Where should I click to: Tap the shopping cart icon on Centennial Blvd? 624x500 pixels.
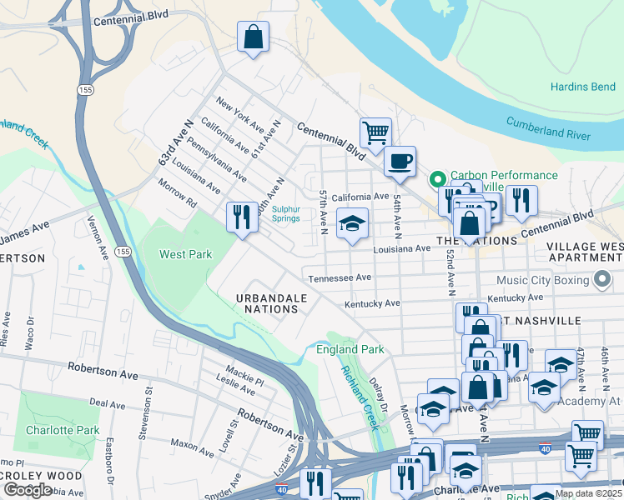coord(375,132)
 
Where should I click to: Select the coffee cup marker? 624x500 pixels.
coord(400,160)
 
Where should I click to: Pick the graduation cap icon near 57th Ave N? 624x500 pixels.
coord(352,223)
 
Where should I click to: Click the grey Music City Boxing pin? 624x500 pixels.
coord(601,281)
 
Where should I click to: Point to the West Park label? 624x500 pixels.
coord(186,254)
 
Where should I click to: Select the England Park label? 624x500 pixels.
coord(350,349)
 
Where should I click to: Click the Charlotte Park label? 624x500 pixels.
coord(63,431)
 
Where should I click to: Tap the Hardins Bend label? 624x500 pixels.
coord(581,87)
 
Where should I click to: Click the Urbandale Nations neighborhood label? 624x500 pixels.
coord(266,303)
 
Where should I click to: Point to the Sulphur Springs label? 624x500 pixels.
coord(285,213)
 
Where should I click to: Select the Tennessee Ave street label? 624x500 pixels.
coord(340,278)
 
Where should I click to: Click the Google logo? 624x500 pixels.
coord(28,489)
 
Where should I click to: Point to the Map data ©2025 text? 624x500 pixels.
coord(587,493)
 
